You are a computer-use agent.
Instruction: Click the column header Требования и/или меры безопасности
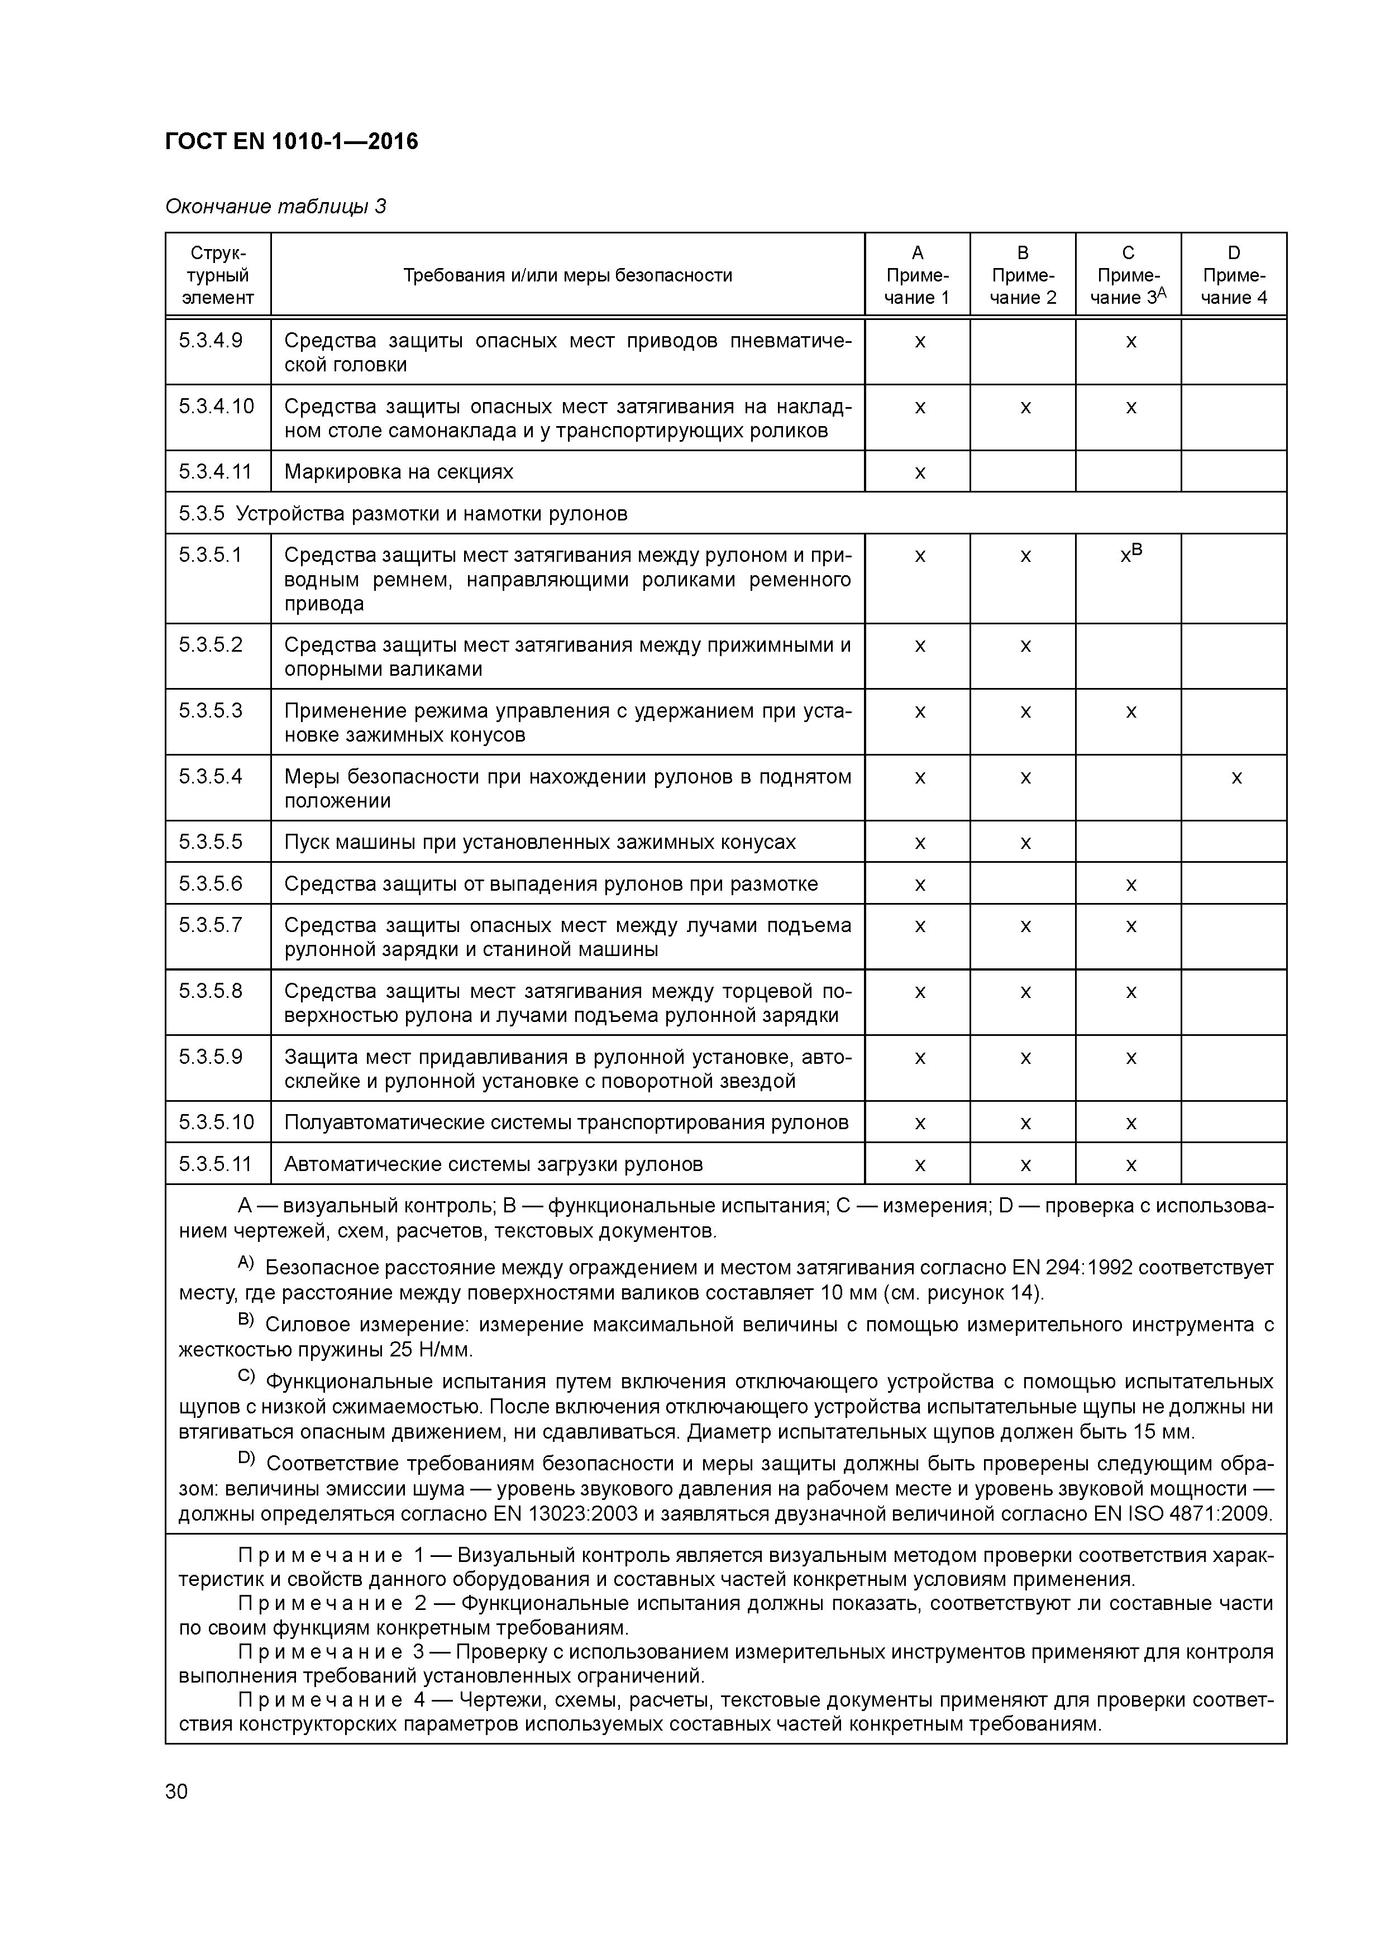(x=567, y=275)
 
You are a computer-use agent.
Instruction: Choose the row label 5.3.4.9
(x=211, y=341)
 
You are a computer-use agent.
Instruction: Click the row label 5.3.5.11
(x=216, y=1164)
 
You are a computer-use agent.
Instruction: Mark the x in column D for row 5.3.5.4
(x=1236, y=778)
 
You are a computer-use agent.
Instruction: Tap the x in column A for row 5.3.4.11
(x=919, y=472)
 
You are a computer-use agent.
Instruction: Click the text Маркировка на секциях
(x=399, y=472)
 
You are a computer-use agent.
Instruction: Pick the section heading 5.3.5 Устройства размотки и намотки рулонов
(x=403, y=514)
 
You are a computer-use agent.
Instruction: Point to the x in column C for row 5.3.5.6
(x=1131, y=885)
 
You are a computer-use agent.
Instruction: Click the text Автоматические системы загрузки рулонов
(x=493, y=1164)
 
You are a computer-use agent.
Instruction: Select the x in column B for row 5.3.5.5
(x=1025, y=844)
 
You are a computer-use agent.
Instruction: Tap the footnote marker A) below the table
(x=246, y=1263)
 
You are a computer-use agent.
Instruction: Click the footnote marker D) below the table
(x=247, y=1459)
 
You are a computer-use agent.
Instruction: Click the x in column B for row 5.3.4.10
(x=1025, y=408)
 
